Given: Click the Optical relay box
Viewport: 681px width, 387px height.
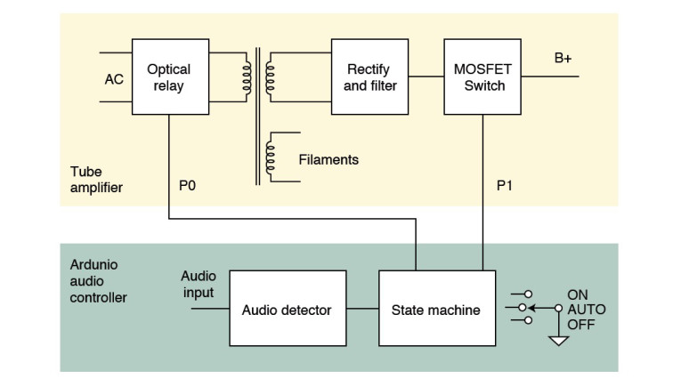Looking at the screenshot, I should point(169,77).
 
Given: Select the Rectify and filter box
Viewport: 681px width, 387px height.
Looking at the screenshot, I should point(369,77).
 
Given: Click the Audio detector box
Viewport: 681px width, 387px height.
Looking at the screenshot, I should point(286,310).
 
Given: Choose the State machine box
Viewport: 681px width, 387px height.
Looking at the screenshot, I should point(436,310).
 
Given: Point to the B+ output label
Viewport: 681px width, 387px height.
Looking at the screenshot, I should point(563,59).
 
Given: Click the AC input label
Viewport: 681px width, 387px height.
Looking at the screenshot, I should point(114,78).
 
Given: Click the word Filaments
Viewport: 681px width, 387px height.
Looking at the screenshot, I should point(328,160).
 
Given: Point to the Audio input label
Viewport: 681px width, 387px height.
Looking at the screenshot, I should point(198,284).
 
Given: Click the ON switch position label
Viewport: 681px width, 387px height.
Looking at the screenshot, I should point(578,294).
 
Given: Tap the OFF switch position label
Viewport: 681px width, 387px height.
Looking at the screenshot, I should point(580,325).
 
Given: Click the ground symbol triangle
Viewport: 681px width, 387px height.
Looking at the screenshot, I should point(558,340).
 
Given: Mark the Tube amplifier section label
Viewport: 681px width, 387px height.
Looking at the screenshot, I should point(97,179).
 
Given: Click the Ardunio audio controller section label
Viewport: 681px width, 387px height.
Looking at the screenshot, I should point(98,281).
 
